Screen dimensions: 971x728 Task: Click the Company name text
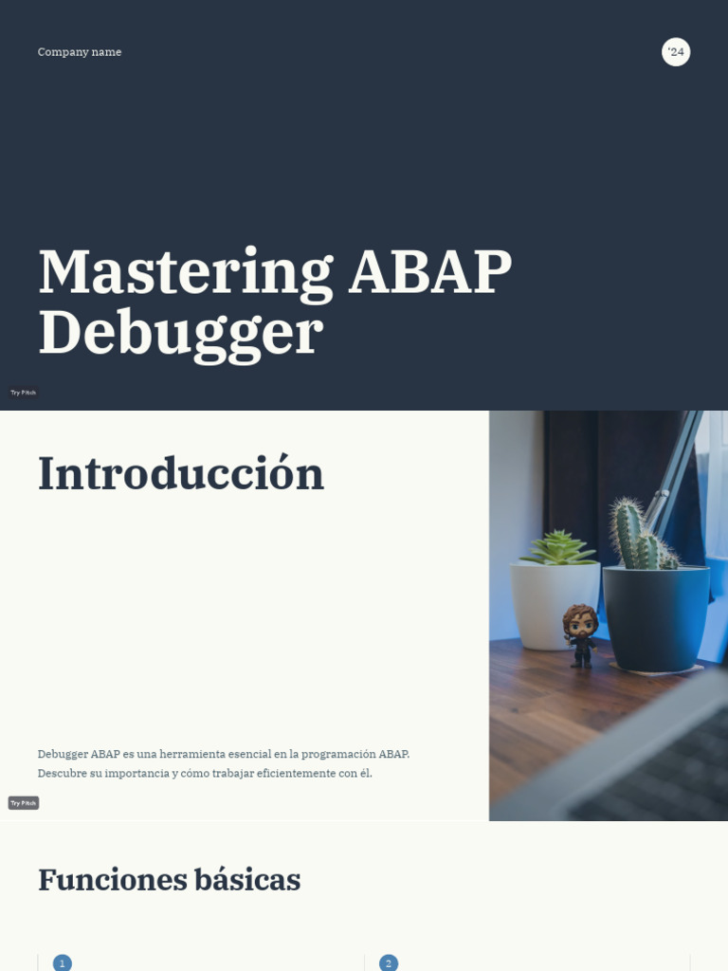pos(80,52)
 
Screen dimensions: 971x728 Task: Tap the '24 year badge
pos(676,52)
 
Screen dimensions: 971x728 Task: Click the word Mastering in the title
pos(185,272)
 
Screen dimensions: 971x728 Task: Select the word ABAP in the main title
pos(430,272)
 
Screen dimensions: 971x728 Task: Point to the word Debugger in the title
pos(180,332)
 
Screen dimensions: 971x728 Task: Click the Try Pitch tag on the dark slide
pos(23,393)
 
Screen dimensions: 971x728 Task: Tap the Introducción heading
pos(180,474)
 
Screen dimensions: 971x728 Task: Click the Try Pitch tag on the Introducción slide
pos(23,803)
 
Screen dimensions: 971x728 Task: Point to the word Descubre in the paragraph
pos(62,773)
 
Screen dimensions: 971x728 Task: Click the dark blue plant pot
pos(656,616)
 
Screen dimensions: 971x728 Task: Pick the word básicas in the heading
pos(247,880)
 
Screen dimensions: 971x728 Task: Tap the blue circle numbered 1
pos(63,963)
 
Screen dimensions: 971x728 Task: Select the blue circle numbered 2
pos(389,963)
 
